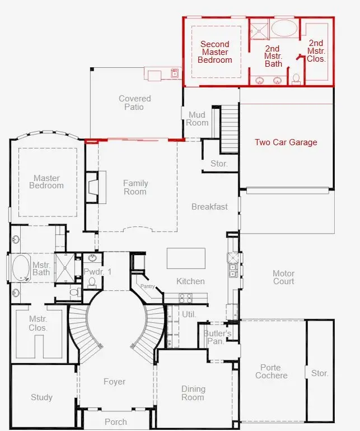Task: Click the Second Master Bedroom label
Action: [215, 52]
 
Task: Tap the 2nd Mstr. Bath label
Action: [273, 55]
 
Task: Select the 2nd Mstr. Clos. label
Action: [316, 50]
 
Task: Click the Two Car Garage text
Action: [286, 142]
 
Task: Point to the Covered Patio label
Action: [134, 103]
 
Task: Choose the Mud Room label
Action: [197, 119]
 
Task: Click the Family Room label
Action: [135, 187]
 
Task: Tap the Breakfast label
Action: [209, 207]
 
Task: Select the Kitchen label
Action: [190, 281]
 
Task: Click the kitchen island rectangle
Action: [186, 258]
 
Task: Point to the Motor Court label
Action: [283, 277]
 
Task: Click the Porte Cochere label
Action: [272, 372]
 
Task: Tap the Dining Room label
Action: [193, 393]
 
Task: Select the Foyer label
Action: [114, 382]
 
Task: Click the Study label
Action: [41, 397]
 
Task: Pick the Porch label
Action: [116, 421]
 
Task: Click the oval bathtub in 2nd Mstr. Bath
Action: [284, 29]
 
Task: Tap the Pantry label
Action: [147, 286]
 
